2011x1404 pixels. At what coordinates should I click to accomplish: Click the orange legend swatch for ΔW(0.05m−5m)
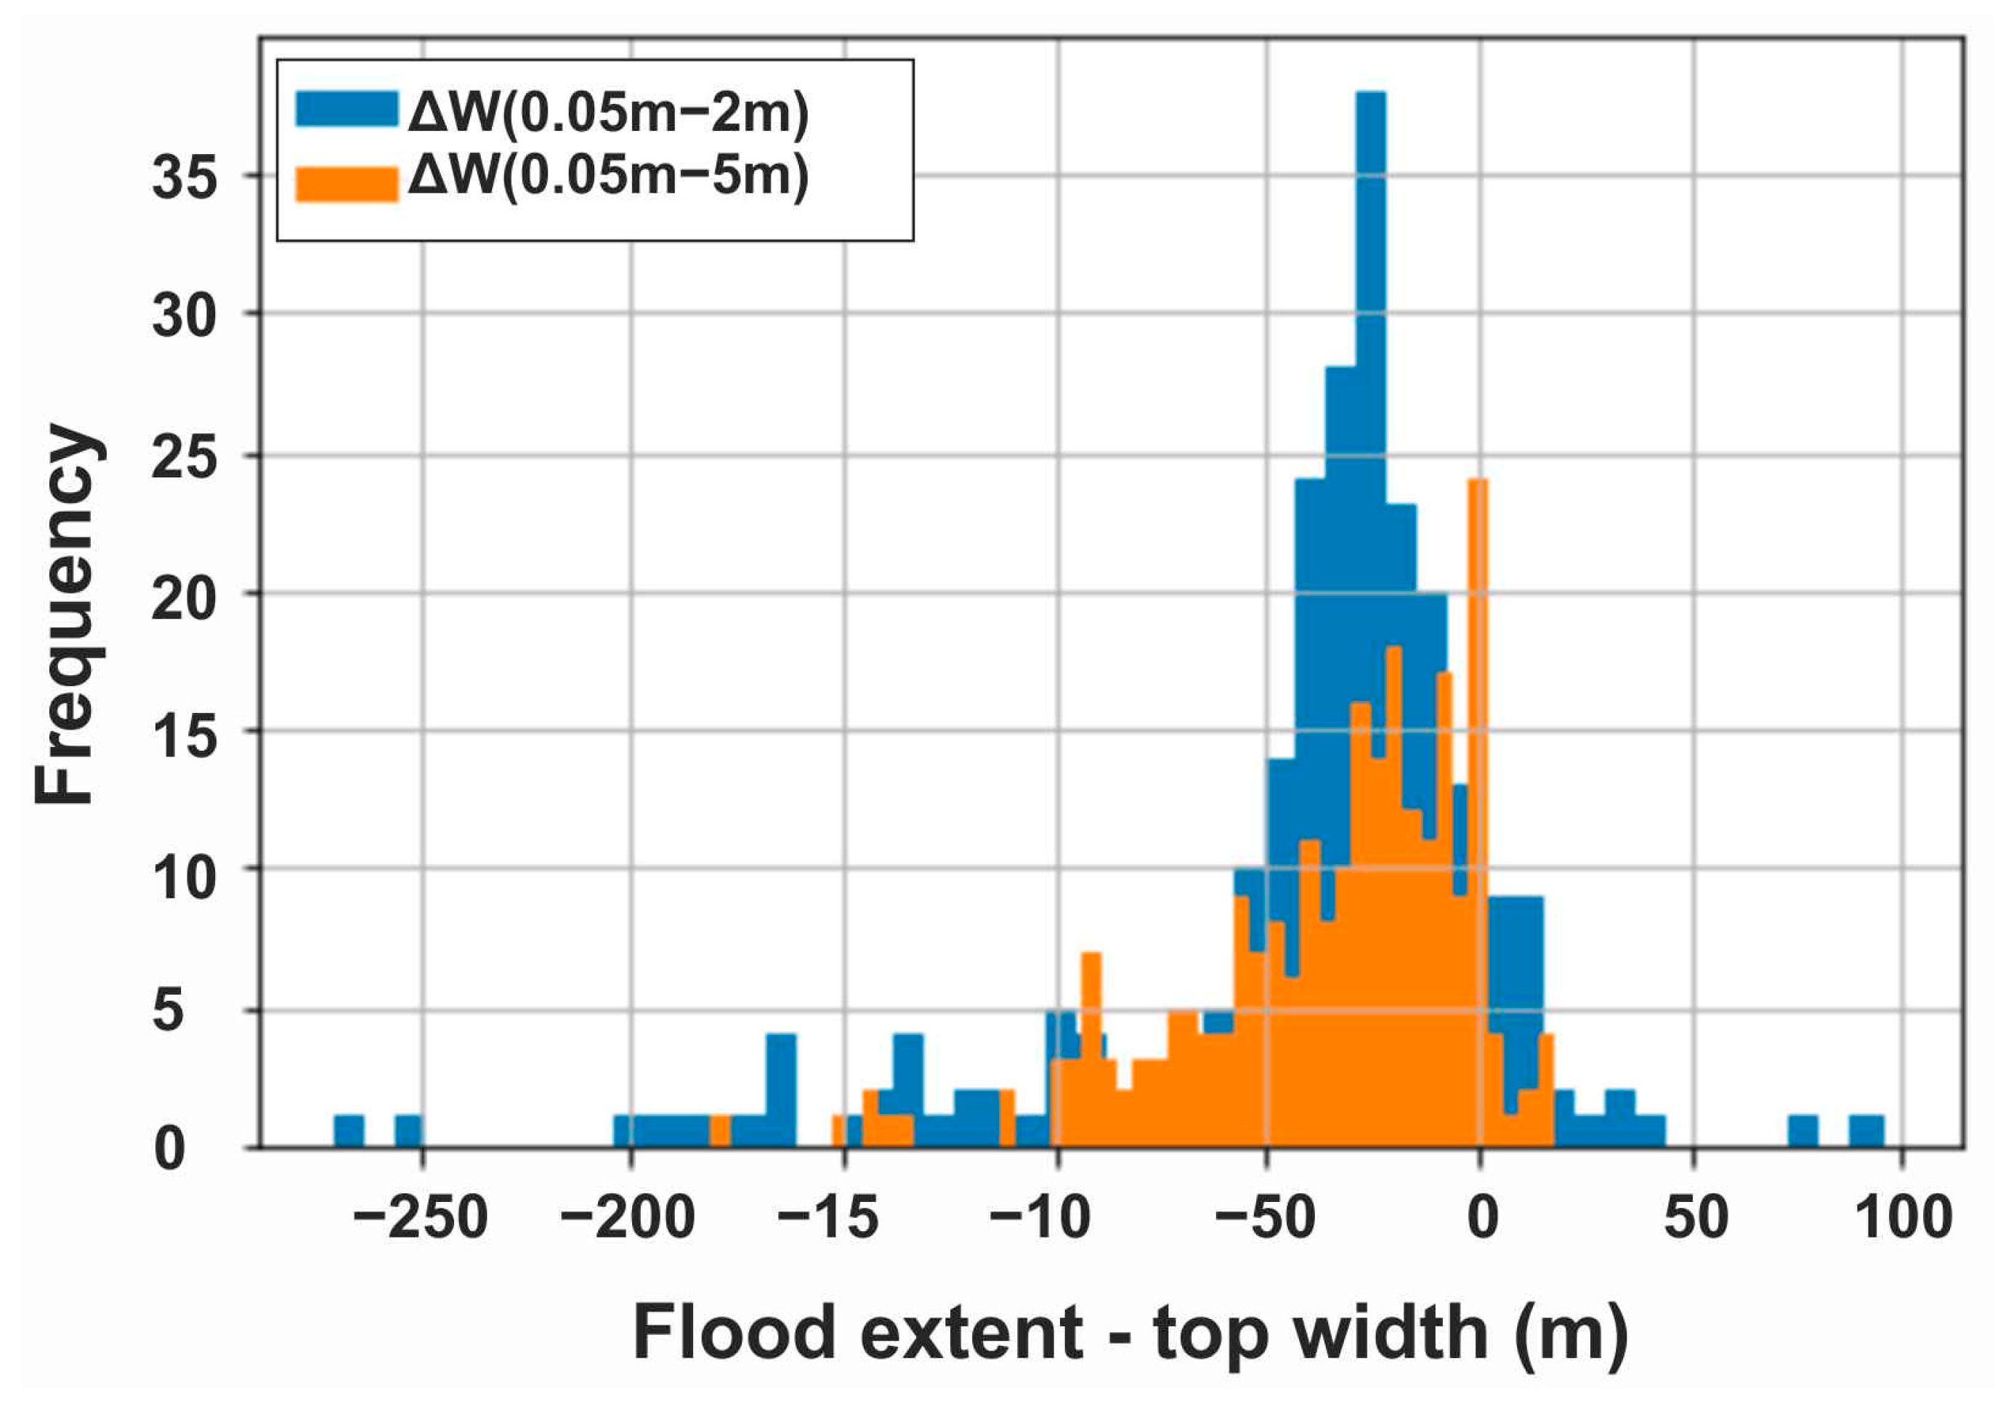pos(347,183)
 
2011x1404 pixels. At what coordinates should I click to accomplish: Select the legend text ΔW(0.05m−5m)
pos(608,176)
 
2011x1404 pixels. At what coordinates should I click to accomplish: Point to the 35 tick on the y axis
pos(184,177)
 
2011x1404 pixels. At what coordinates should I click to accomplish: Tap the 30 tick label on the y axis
pos(184,315)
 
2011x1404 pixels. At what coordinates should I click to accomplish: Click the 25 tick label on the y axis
pos(184,456)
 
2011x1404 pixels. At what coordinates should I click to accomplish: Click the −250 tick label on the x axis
pos(421,1217)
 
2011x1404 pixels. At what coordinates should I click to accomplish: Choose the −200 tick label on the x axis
pos(628,1217)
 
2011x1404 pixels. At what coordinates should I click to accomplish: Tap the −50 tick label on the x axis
pos(1265,1217)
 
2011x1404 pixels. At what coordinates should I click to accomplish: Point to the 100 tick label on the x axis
pos(1904,1217)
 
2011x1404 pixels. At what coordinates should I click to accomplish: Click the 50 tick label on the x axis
pos(1696,1217)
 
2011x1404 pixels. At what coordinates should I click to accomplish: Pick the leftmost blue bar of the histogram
pos(349,1131)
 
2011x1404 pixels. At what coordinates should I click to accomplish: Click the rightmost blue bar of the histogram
pos(1866,1131)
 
